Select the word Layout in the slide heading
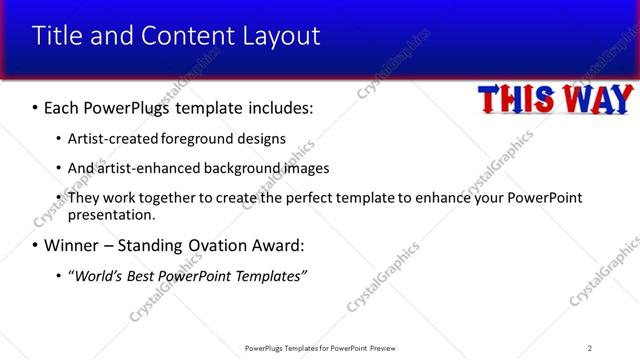click(281, 36)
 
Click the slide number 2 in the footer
click(590, 348)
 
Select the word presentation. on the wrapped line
click(111, 214)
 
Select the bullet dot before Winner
click(35, 245)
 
